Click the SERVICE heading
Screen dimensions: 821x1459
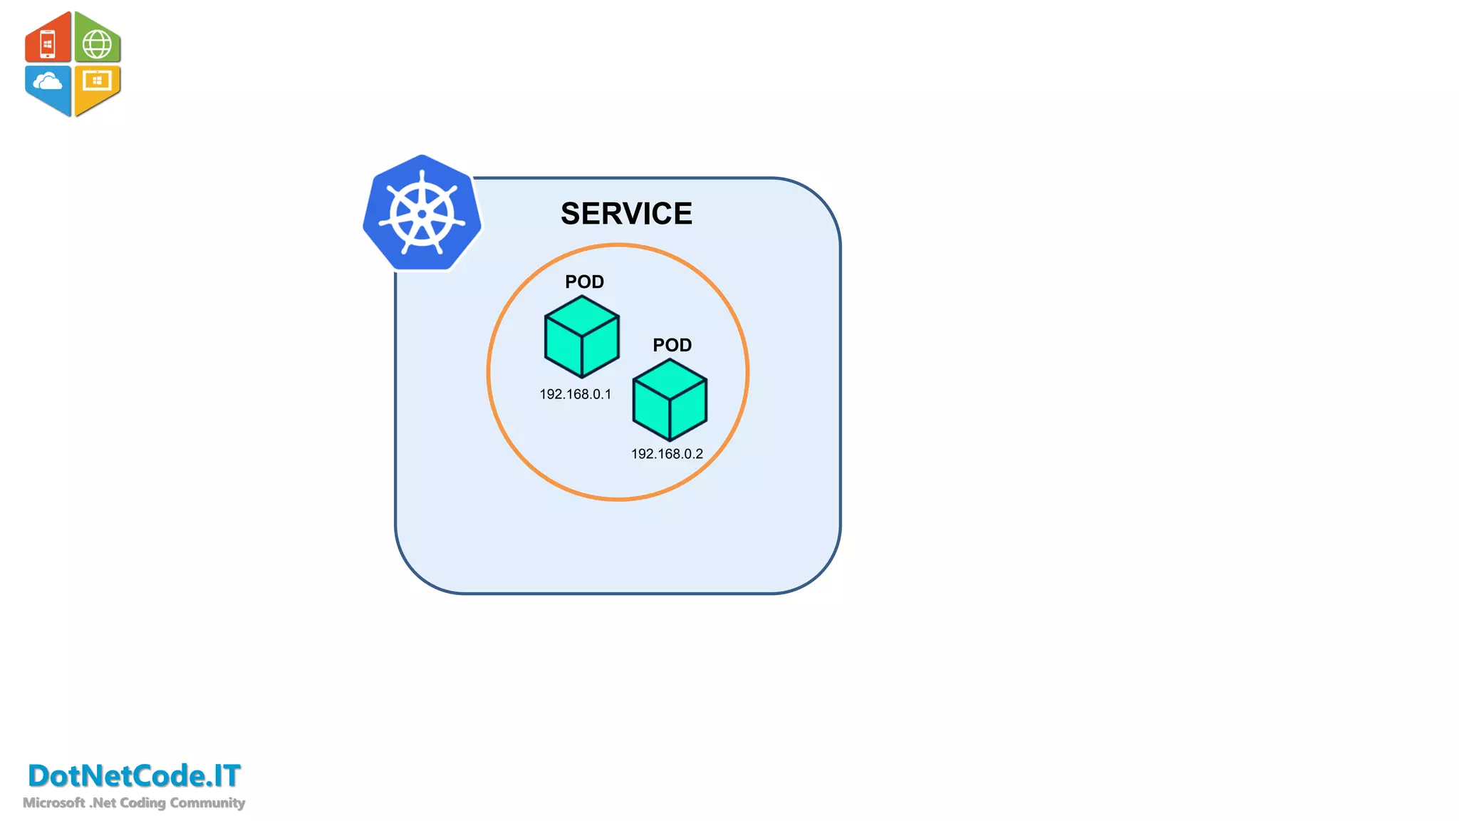pos(626,214)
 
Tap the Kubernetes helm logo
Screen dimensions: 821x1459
pos(422,213)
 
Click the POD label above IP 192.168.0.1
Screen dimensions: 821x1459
pos(584,282)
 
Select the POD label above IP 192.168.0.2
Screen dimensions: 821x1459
pos(672,345)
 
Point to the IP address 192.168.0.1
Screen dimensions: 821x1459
pos(575,394)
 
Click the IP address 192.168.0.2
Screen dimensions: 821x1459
pos(667,454)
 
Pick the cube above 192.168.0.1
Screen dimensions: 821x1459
pos(581,337)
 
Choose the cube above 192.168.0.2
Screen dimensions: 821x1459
pos(670,400)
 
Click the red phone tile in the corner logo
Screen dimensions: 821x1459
pos(48,41)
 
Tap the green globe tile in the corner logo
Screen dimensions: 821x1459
pos(98,41)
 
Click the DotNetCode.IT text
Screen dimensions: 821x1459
pos(134,775)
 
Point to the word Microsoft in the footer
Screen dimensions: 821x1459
pos(53,802)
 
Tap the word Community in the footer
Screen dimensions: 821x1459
pos(207,802)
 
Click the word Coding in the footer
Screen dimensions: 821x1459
pos(142,802)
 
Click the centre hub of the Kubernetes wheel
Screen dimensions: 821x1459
pos(422,214)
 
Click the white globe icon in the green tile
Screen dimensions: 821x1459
pos(97,44)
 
